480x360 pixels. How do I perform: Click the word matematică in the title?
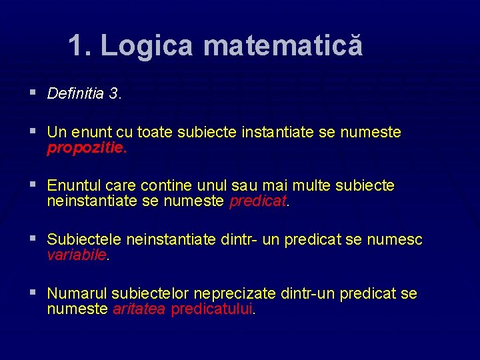point(283,46)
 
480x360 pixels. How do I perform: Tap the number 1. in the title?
point(81,46)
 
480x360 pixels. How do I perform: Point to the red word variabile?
point(77,255)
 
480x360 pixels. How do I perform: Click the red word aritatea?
point(139,309)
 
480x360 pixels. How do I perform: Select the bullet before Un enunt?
point(33,131)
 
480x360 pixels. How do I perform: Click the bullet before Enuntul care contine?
point(33,185)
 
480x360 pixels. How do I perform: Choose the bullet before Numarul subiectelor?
point(33,293)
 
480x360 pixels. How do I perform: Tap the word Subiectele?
point(84,240)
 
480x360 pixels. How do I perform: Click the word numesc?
point(395,240)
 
